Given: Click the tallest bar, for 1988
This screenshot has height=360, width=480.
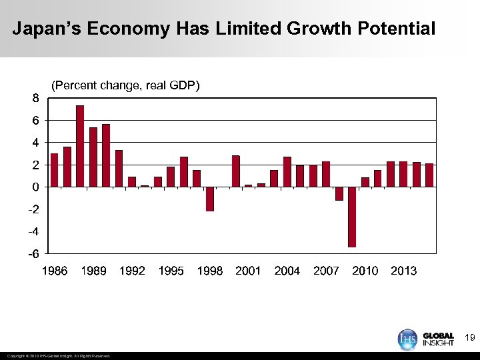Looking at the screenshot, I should (80, 146).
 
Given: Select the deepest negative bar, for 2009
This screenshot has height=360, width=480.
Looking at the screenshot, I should (351, 217).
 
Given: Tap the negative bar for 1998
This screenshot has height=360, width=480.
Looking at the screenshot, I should (209, 199).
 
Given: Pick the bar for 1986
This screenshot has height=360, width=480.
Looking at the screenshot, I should (54, 170).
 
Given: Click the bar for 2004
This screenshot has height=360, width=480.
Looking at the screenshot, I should (287, 172).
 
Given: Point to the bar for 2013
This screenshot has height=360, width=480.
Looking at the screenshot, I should (403, 174).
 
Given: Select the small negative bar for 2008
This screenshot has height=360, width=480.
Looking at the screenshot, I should (339, 193).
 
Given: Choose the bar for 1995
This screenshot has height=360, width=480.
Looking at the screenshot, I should (171, 177).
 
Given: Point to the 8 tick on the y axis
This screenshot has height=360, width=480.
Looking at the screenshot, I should (35, 98).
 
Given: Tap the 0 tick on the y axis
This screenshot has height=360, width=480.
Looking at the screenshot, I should (35, 187).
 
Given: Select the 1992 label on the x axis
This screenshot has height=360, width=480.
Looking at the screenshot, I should (132, 271).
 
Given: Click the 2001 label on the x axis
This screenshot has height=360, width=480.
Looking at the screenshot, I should (248, 271).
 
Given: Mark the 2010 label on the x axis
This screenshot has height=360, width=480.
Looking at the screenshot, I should (365, 271).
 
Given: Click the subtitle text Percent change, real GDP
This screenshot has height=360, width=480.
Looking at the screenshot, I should (125, 85).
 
